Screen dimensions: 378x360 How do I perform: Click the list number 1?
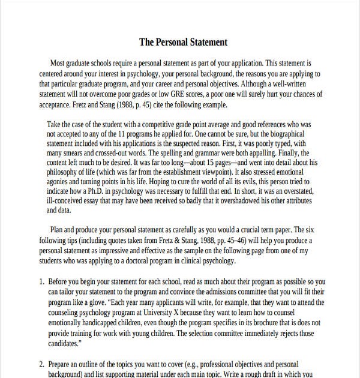click(x=41, y=281)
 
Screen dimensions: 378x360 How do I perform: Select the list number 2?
click(x=41, y=364)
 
